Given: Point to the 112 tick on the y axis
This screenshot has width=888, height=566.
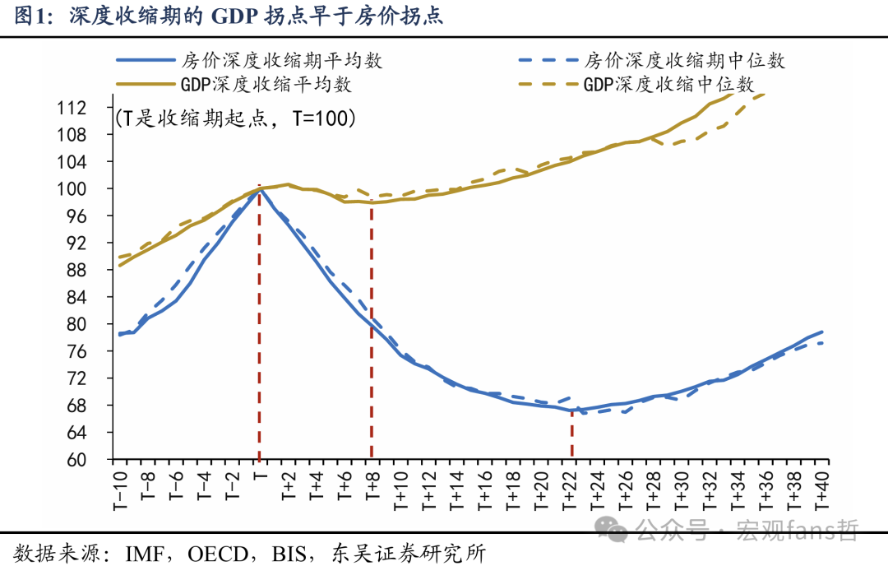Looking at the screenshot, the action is click(x=72, y=108).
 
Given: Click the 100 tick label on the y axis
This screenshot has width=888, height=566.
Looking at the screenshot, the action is click(x=72, y=188).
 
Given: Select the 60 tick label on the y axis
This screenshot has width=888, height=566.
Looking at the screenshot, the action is click(x=77, y=460).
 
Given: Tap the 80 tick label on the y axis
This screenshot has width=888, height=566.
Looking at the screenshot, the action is click(x=77, y=324).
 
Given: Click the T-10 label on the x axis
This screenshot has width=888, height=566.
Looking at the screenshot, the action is click(x=120, y=490).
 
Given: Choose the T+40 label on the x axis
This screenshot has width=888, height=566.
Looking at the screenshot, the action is click(x=822, y=490).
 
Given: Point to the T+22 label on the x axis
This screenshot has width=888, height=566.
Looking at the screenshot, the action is click(x=570, y=490).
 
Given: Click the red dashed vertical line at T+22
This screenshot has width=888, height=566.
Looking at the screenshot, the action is click(x=572, y=433).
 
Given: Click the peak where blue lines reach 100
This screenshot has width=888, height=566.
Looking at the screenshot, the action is click(x=259, y=188).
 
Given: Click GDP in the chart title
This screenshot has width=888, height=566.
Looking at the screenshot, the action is click(x=233, y=16).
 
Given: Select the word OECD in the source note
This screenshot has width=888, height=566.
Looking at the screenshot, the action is click(x=218, y=554).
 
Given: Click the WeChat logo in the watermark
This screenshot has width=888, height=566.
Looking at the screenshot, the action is click(x=612, y=529).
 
